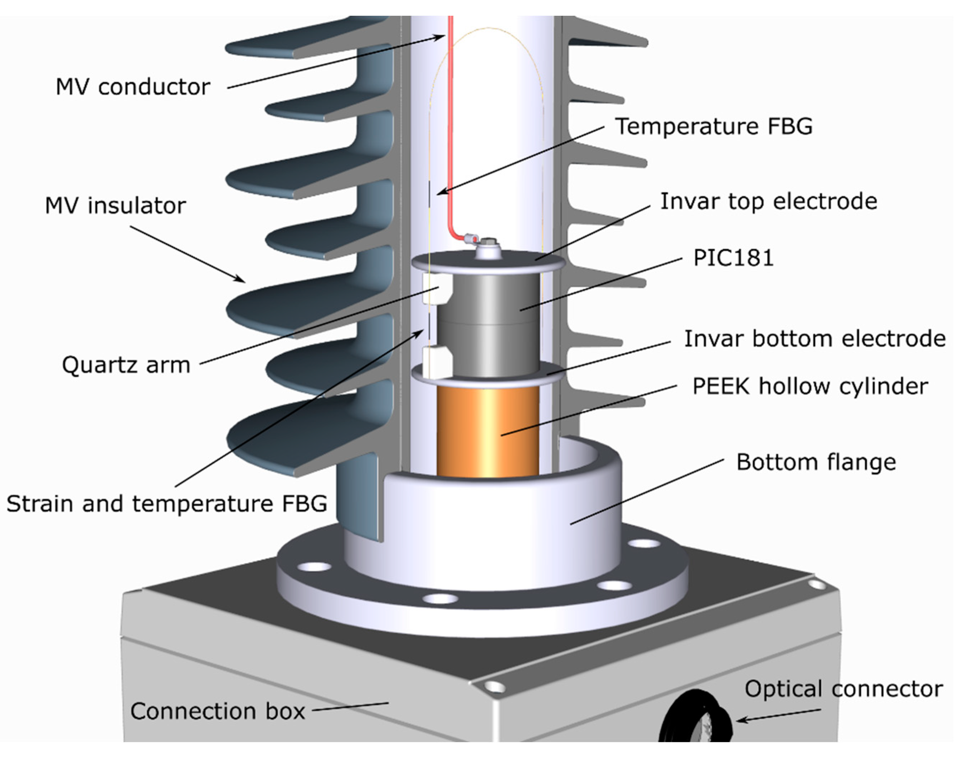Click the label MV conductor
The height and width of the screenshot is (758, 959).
[132, 87]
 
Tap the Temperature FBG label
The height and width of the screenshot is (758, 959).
[713, 126]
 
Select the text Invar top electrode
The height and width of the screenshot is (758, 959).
[768, 202]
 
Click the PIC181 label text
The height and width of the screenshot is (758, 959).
[733, 258]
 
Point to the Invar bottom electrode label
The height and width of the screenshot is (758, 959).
[814, 339]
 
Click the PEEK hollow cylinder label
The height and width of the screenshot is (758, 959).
[809, 386]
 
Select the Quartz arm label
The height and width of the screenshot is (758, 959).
[126, 365]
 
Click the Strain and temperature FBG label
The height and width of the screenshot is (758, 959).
[166, 504]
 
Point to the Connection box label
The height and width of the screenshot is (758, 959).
[217, 711]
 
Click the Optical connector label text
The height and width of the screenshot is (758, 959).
[843, 689]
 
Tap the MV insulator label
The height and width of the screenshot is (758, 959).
[115, 206]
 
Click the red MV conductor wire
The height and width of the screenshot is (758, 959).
[451, 133]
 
